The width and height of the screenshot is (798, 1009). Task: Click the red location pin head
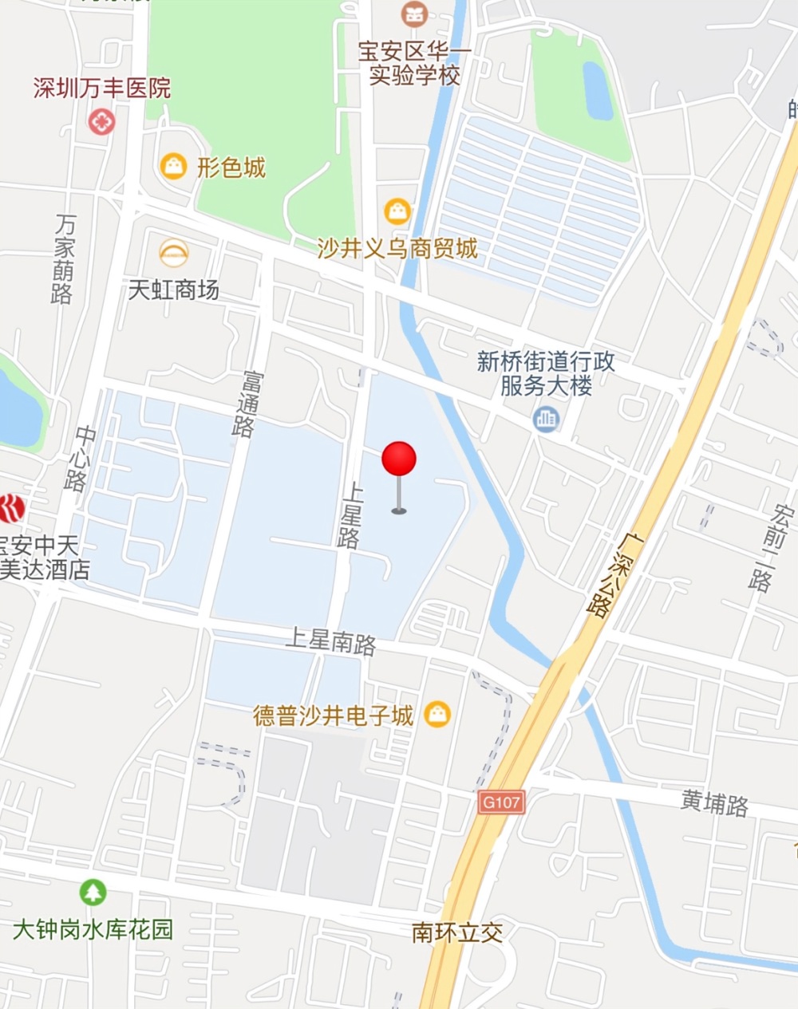(399, 459)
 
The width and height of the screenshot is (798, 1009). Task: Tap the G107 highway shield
(501, 802)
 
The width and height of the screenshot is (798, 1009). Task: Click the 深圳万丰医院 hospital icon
(101, 122)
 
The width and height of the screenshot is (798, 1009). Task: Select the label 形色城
(231, 168)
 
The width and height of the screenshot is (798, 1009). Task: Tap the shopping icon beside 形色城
(173, 166)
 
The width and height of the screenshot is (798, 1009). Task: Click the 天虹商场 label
(174, 290)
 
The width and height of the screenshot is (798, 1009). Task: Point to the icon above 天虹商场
(173, 254)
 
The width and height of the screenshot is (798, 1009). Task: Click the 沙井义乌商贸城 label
(397, 249)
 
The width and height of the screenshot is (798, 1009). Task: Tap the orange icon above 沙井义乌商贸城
(397, 211)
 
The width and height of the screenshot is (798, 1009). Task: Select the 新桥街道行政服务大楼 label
(546, 374)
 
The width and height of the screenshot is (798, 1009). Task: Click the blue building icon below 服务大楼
(547, 418)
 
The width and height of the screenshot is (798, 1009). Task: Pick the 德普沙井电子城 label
(334, 715)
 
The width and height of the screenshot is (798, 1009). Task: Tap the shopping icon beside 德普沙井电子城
(437, 714)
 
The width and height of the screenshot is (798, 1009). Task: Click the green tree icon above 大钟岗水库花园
(93, 892)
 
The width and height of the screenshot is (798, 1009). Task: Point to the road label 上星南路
(330, 640)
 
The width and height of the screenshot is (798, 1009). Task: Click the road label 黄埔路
(714, 802)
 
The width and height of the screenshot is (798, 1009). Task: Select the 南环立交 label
(457, 932)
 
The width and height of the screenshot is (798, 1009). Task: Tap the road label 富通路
(247, 404)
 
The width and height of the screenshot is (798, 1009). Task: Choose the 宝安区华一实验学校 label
(415, 64)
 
